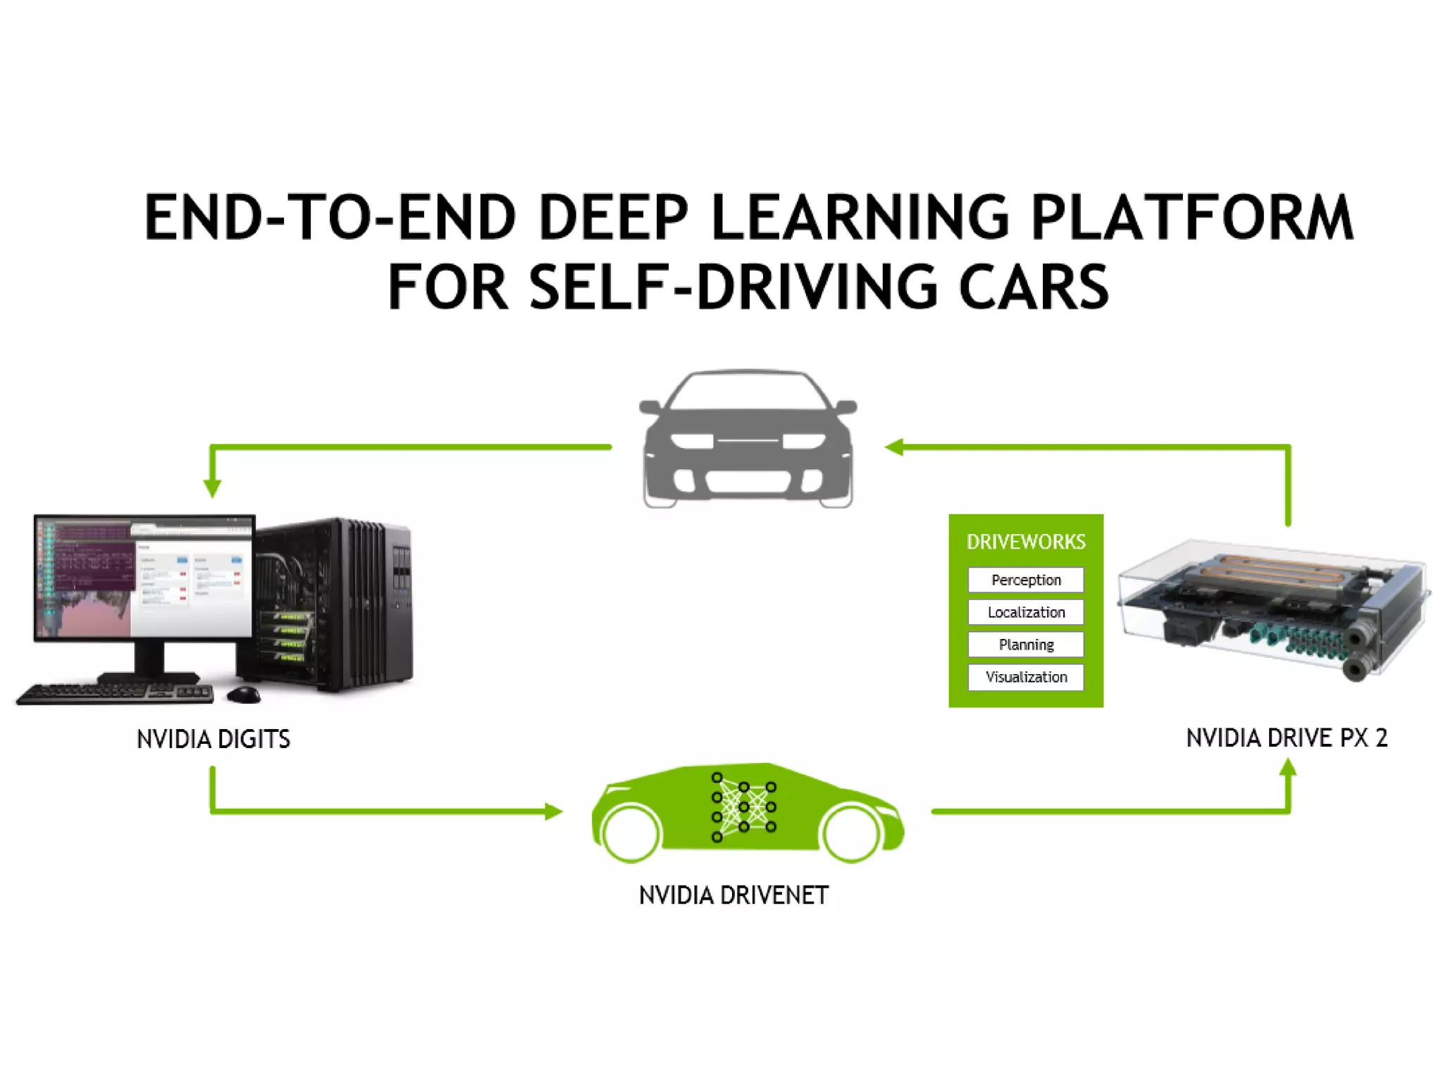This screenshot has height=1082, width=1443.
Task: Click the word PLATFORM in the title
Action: pyautogui.click(x=1191, y=217)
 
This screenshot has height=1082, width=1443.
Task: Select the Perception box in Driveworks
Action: pyautogui.click(x=1026, y=580)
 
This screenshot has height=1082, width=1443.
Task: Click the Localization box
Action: pyautogui.click(x=1026, y=612)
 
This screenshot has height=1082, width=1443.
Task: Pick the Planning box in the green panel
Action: pyautogui.click(x=1026, y=645)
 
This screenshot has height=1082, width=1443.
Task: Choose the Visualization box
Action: pyautogui.click(x=1026, y=677)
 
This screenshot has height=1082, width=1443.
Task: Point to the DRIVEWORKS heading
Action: pyautogui.click(x=1026, y=542)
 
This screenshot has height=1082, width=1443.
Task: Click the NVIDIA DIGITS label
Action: pyautogui.click(x=213, y=739)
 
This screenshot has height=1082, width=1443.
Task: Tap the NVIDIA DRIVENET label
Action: pyautogui.click(x=733, y=895)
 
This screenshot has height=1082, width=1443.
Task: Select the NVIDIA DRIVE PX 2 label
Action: pyautogui.click(x=1287, y=738)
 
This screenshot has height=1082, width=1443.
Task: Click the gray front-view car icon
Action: pyautogui.click(x=748, y=439)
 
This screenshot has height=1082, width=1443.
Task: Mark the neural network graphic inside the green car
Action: pyautogui.click(x=744, y=807)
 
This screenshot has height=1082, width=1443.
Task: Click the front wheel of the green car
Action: pyautogui.click(x=851, y=833)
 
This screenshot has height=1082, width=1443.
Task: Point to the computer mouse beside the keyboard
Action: pyautogui.click(x=244, y=695)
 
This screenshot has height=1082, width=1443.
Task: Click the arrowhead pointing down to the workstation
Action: pyautogui.click(x=212, y=487)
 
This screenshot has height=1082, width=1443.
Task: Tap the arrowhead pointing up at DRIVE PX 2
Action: pyautogui.click(x=1288, y=768)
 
